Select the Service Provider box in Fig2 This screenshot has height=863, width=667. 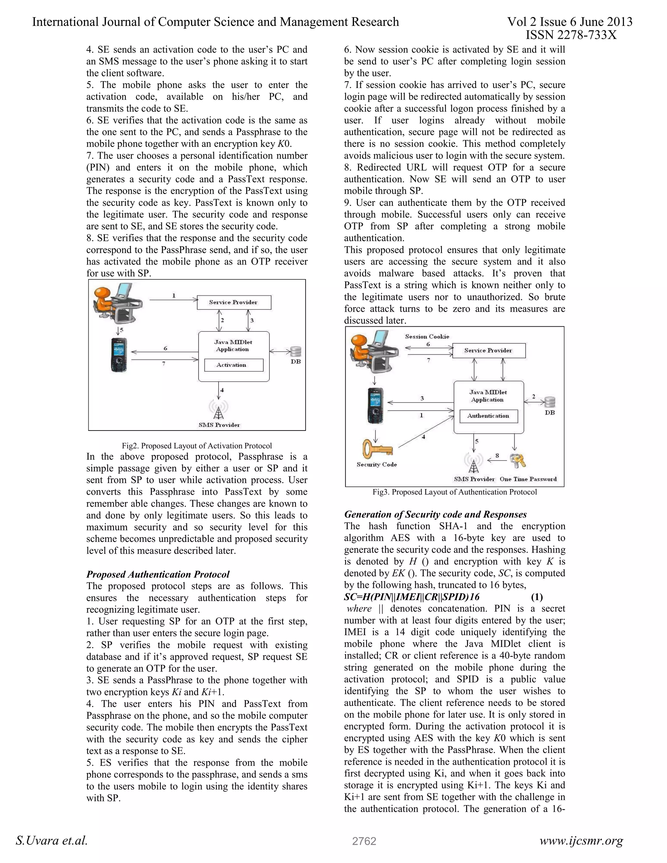234,303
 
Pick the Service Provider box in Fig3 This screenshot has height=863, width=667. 489,350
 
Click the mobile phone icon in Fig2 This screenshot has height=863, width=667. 119,355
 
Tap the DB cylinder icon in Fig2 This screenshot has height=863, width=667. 296,351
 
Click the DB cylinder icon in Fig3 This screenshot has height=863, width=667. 550,402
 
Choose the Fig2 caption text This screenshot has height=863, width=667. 197,446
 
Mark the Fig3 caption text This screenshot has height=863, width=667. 454,492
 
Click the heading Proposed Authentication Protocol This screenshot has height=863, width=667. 158,574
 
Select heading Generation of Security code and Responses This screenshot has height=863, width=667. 435,515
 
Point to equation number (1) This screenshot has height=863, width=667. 537,597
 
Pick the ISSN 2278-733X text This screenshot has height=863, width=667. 571,35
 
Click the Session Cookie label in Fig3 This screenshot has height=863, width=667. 427,337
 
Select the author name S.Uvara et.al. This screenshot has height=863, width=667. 51,841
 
